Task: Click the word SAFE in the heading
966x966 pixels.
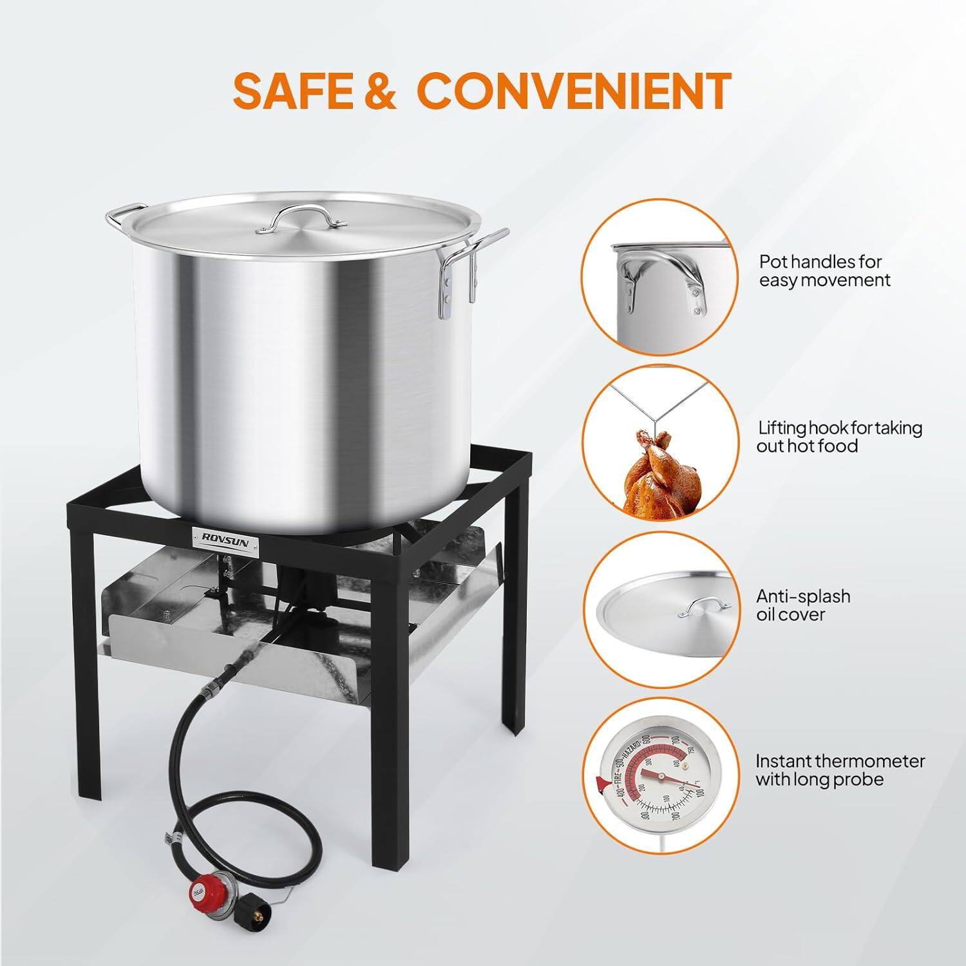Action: pos(293,91)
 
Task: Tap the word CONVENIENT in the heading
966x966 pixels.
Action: pos(576,91)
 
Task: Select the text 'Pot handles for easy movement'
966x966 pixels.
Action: pos(824,270)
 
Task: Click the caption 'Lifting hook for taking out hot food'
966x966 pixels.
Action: pos(839,437)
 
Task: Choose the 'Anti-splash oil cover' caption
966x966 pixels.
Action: pos(802,605)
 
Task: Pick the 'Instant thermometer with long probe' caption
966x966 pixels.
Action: pos(839,770)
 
